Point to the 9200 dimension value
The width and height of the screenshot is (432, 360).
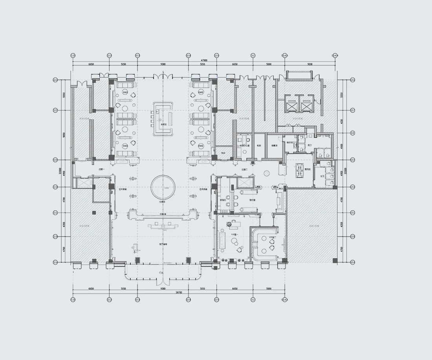click(x=309, y=64)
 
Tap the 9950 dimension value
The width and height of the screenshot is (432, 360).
click(x=64, y=135)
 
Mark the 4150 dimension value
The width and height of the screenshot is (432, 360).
click(x=341, y=121)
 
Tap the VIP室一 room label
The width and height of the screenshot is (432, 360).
click(x=234, y=235)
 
